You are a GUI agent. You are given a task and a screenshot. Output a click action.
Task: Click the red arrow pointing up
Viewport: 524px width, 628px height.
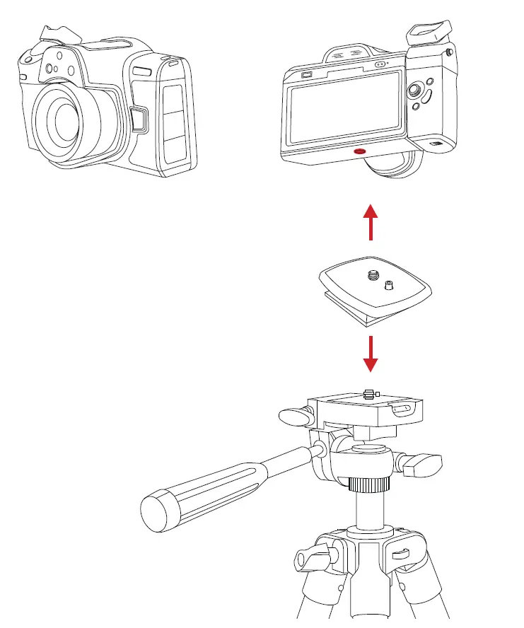368,222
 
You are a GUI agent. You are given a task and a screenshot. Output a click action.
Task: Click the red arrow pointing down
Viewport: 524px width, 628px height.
368,353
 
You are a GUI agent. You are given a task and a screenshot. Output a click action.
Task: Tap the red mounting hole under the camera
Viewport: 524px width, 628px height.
359,151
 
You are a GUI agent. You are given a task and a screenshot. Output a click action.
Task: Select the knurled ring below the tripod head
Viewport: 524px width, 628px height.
369,484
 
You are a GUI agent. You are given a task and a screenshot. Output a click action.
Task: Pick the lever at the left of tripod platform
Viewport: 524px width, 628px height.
292,416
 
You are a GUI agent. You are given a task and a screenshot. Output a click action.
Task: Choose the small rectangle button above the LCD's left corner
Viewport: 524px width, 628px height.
307,76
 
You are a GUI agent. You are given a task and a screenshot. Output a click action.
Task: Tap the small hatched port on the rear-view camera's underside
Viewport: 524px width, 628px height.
437,145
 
